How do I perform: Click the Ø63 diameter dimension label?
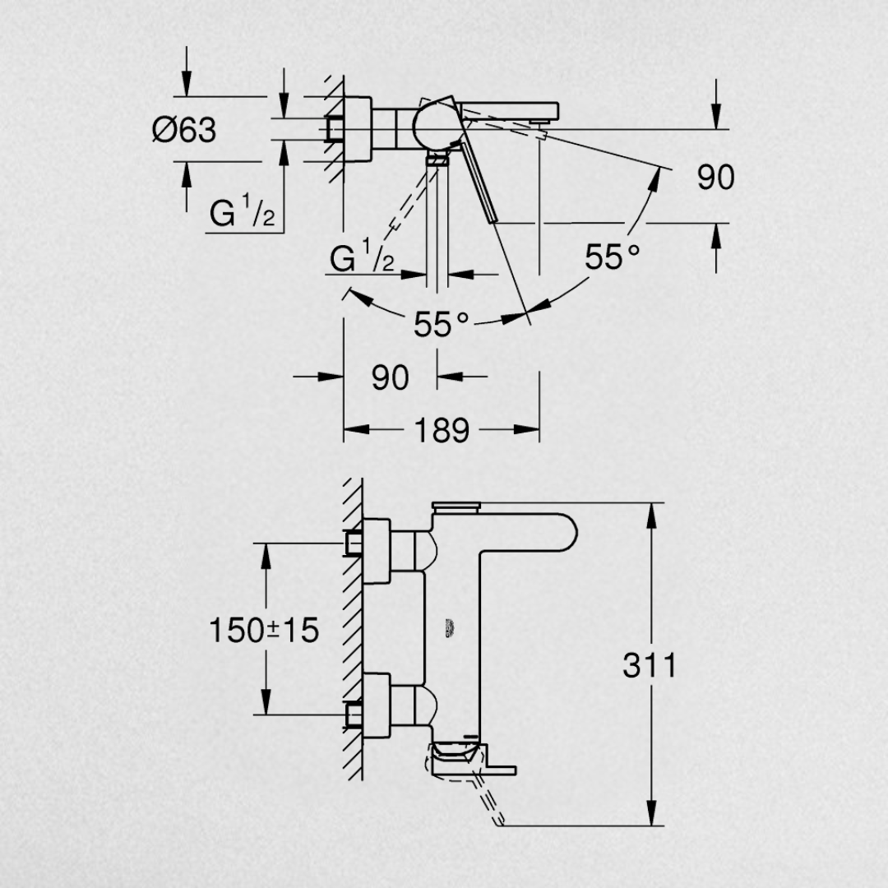click(x=184, y=130)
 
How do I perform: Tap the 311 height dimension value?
click(x=649, y=665)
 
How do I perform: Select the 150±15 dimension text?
click(x=264, y=630)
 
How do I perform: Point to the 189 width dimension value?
click(x=442, y=430)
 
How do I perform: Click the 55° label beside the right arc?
click(x=613, y=257)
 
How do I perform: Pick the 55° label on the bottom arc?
click(x=442, y=325)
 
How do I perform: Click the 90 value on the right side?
click(x=716, y=177)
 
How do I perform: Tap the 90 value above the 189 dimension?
click(x=391, y=377)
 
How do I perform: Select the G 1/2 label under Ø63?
click(x=242, y=210)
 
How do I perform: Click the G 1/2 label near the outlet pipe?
click(x=362, y=256)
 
